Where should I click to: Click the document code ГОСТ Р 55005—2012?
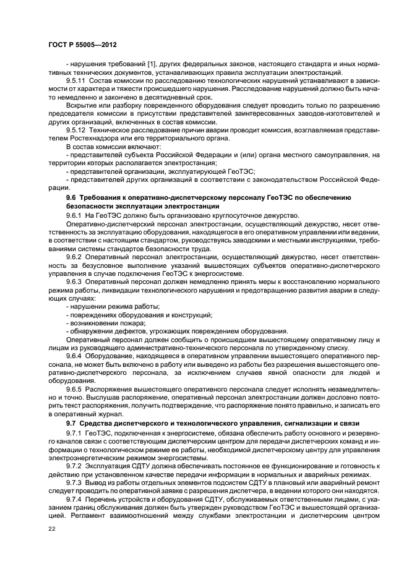tap(84, 45)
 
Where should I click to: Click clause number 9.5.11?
tap(76, 80)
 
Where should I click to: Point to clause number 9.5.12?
tap(76, 131)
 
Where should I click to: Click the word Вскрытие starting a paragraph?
tap(80, 105)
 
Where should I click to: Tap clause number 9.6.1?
tap(74, 215)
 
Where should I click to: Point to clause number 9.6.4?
tap(74, 357)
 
